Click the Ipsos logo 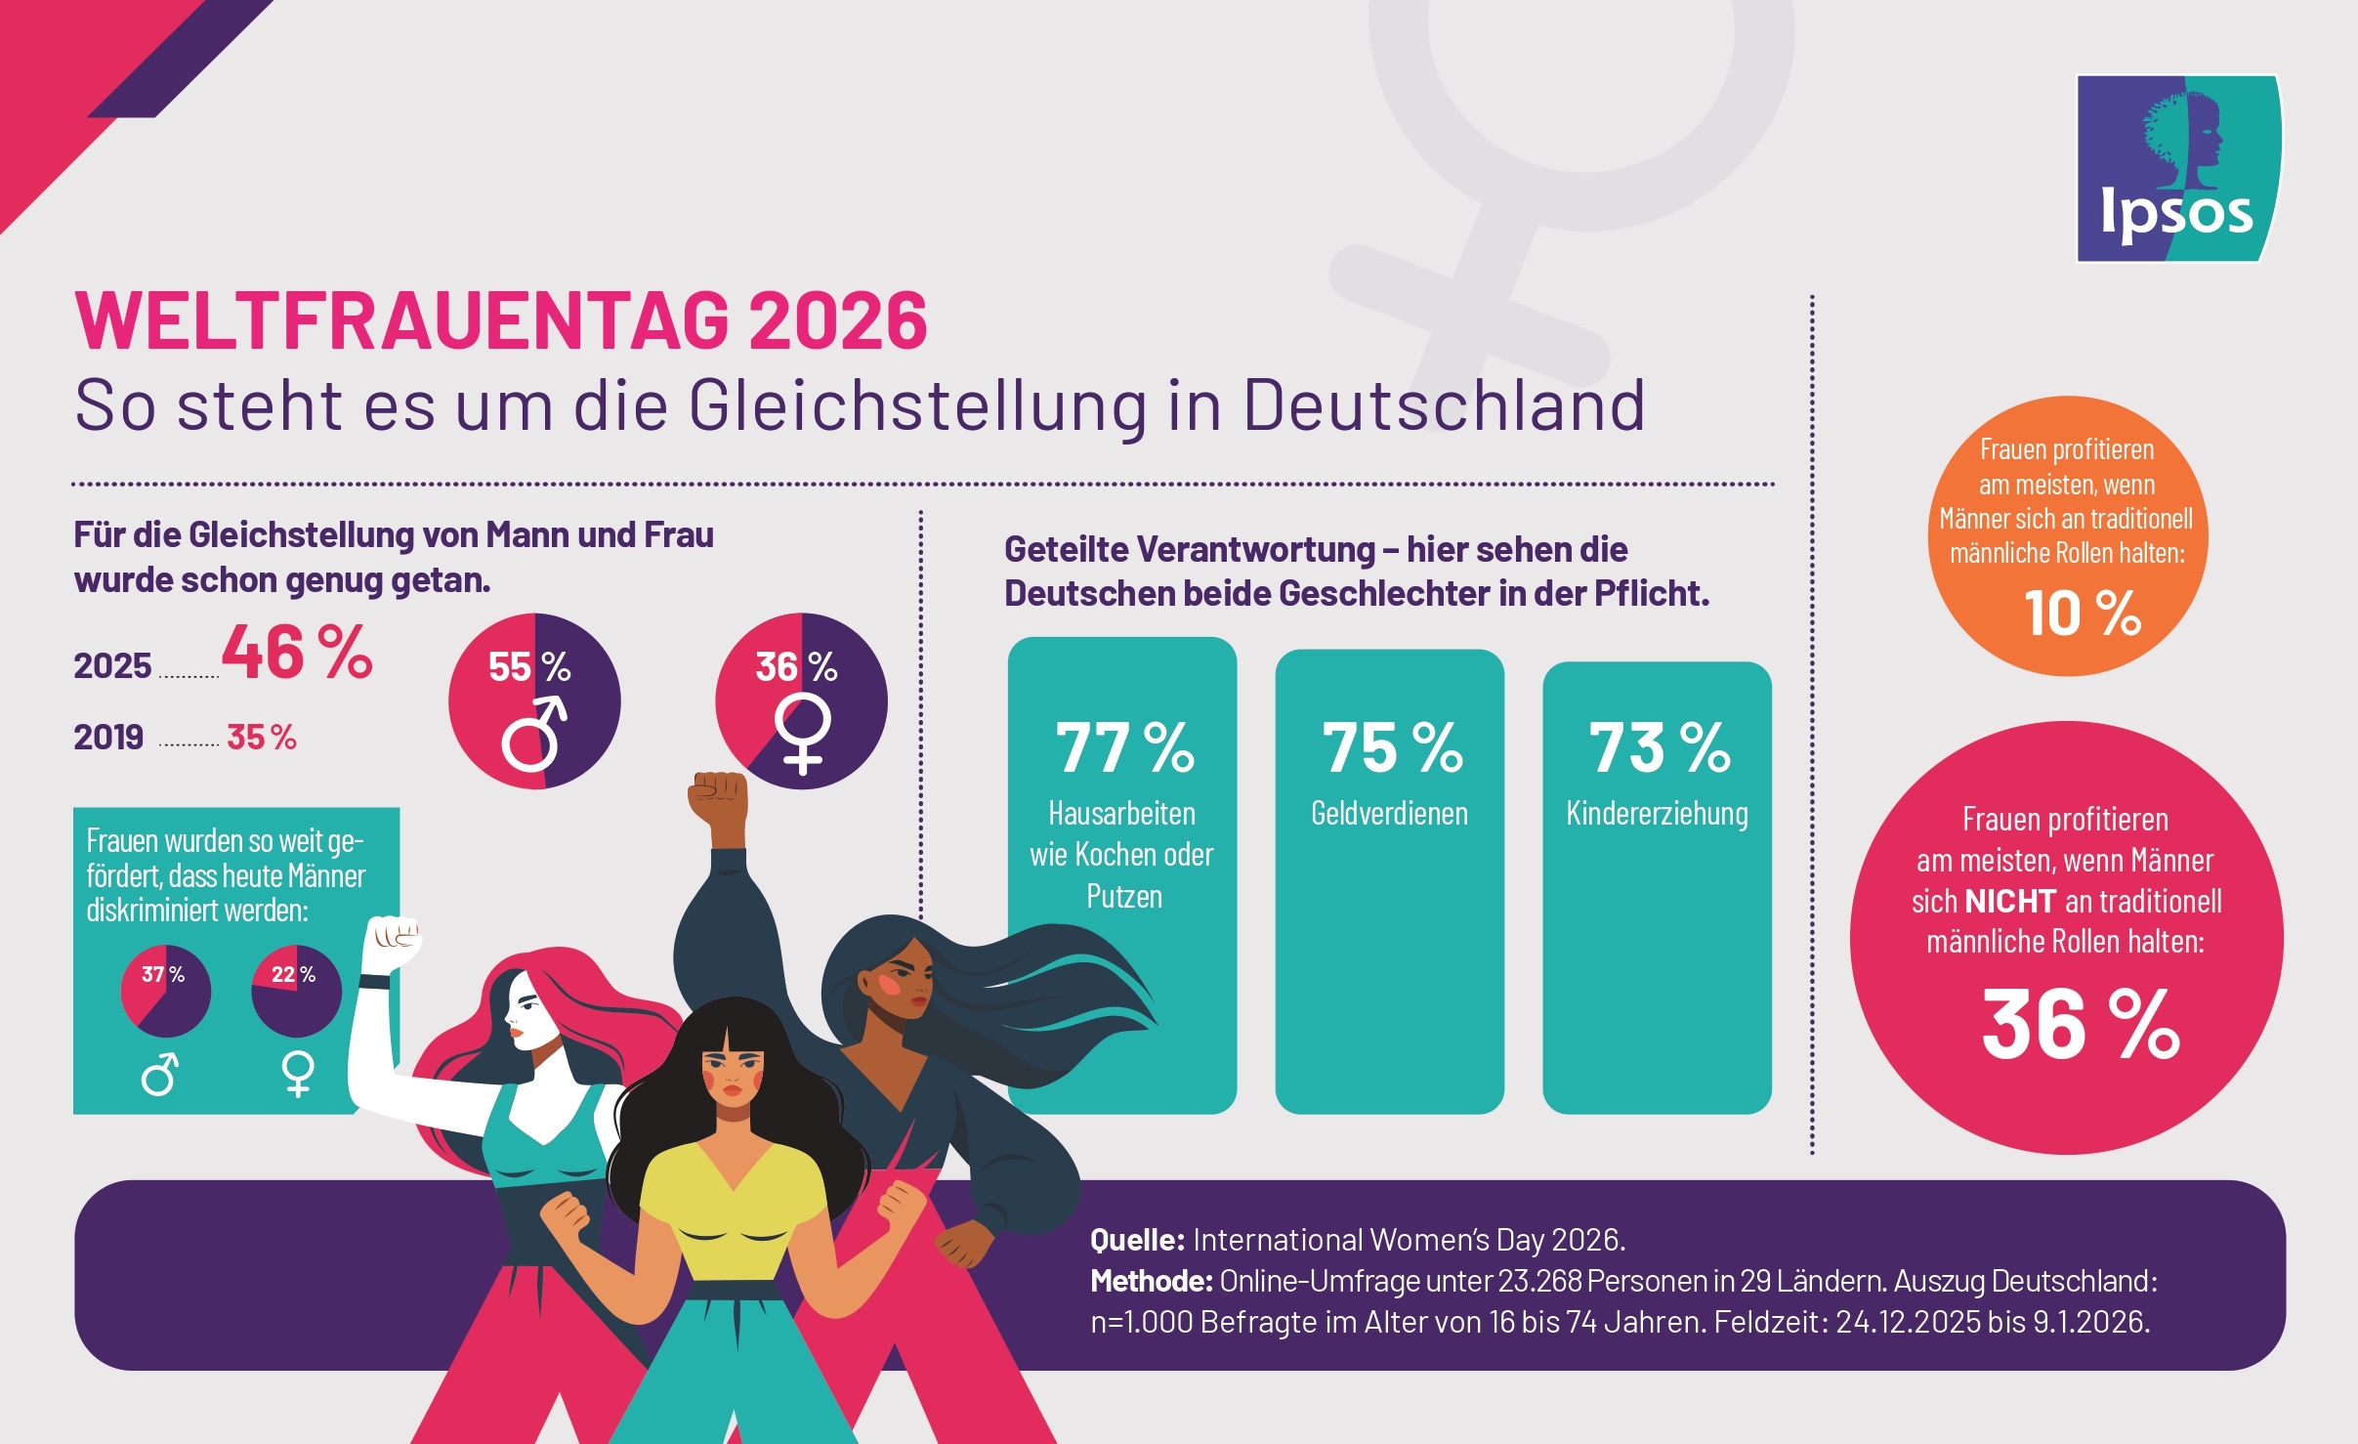pos(2178,168)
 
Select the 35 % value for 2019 pos(261,737)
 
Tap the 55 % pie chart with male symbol pos(534,701)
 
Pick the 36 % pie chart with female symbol pos(801,701)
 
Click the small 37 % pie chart pos(165,991)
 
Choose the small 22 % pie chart pos(296,991)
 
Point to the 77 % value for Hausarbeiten pos(1124,748)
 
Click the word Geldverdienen pos(1389,813)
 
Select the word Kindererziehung pos(1657,813)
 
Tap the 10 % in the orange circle pos(2082,614)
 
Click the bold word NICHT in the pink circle pos(2010,901)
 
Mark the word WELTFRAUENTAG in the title pos(401,320)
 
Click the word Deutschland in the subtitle pos(1444,404)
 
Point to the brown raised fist pos(718,797)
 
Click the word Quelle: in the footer pos(1137,1240)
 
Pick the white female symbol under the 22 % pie pos(298,1074)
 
